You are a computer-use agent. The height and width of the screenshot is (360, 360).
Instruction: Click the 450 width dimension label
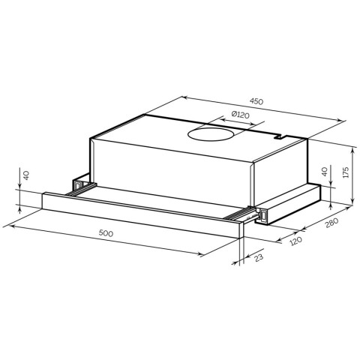[256, 101]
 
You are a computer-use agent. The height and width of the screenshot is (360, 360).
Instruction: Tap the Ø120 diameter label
[241, 115]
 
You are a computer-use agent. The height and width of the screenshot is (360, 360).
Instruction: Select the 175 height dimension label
[346, 172]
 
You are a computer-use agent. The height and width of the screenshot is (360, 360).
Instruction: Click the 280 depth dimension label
[331, 223]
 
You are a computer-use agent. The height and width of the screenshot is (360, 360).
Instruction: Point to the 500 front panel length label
[106, 233]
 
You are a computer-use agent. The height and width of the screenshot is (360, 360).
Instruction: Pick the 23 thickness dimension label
[259, 257]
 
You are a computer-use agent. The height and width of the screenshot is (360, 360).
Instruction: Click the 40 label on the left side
[26, 175]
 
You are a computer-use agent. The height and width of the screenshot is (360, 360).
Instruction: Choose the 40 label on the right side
[324, 172]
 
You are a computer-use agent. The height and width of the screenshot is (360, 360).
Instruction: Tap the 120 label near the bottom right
[296, 241]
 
